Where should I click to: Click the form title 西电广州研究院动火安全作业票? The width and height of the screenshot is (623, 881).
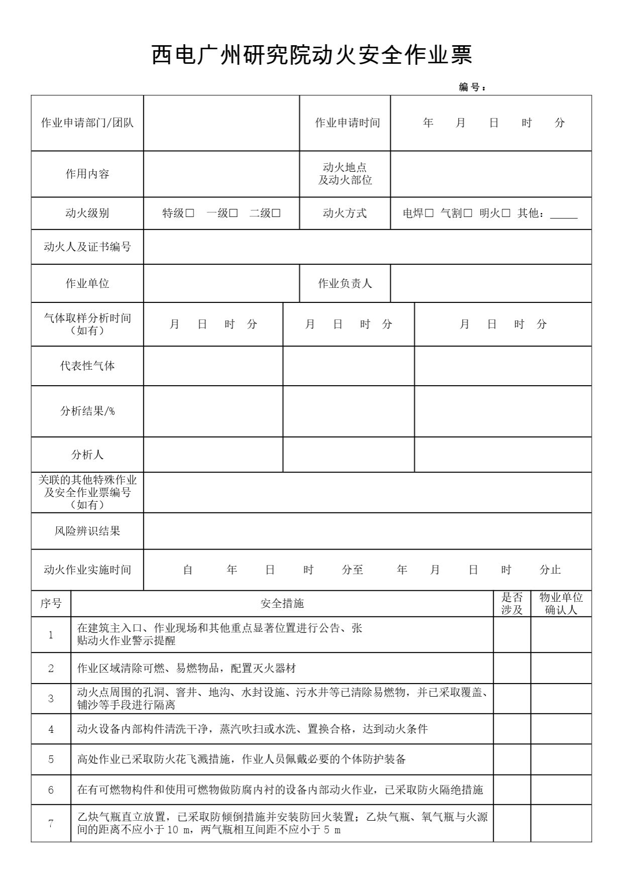[x=311, y=55]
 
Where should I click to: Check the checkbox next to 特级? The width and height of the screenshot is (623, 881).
[x=190, y=213]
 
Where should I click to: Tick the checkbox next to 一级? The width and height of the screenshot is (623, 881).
[x=234, y=213]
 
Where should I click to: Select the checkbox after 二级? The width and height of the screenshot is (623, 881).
[x=276, y=213]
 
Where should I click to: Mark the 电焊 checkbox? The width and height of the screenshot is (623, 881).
[x=429, y=213]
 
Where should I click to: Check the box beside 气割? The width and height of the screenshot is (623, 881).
[x=468, y=213]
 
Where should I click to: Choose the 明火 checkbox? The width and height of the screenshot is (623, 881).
[x=506, y=213]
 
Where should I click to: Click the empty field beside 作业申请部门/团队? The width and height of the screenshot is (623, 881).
[x=221, y=123]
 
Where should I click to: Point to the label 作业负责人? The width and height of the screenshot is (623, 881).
[x=345, y=283]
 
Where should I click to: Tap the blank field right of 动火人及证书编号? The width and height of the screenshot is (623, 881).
[x=367, y=247]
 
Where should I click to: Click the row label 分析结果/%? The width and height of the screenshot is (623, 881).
[x=87, y=411]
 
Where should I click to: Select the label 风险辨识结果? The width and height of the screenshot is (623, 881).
[x=87, y=531]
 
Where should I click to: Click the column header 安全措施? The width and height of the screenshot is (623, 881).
[x=282, y=603]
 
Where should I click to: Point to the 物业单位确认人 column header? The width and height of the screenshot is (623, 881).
[x=561, y=603]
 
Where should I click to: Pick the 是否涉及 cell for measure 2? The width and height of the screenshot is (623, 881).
[x=512, y=668]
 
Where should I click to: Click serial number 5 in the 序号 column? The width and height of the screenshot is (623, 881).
[x=51, y=759]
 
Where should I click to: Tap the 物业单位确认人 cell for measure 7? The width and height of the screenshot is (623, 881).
[x=561, y=823]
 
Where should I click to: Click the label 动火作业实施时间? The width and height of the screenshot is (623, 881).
[x=87, y=570]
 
